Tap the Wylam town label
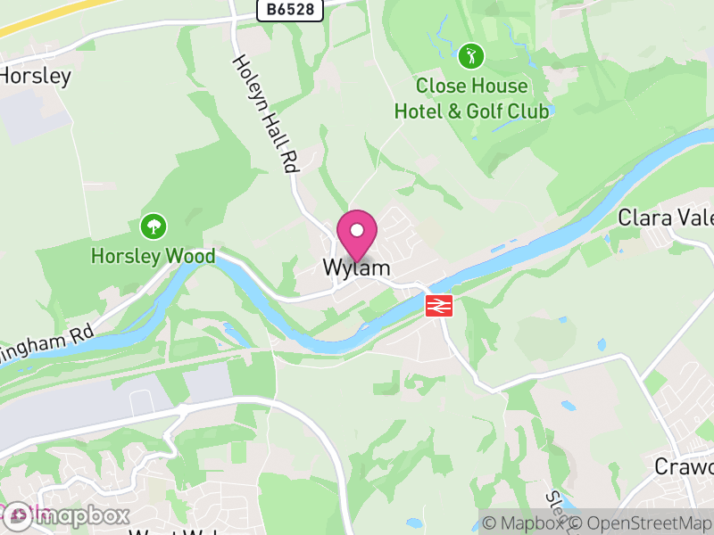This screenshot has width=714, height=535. point(357,267)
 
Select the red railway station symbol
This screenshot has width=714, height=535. point(439,306)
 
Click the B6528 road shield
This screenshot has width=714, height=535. point(289,10)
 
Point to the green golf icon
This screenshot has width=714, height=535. point(470,57)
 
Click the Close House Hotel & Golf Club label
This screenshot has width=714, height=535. point(472,99)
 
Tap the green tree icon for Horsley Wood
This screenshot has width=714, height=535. point(154,226)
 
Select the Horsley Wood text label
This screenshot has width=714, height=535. point(154,257)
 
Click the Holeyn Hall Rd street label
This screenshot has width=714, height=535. point(265,113)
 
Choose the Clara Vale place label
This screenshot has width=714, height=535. point(665,218)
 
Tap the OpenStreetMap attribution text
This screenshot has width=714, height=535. point(641,523)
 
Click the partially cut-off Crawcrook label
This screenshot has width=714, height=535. point(685,466)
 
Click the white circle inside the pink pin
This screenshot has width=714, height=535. point(357,230)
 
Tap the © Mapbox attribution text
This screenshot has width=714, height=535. point(525,523)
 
